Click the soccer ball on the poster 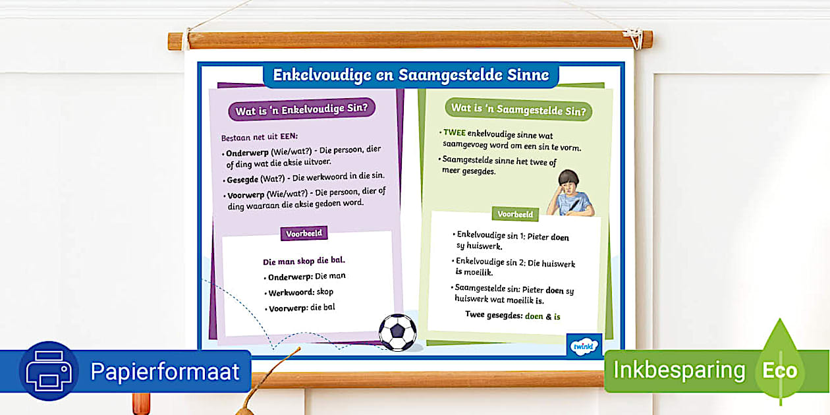click(x=398, y=333)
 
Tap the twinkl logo click(x=584, y=346)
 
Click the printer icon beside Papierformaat click(x=49, y=371)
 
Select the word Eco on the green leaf click(x=780, y=371)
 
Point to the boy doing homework click(x=570, y=193)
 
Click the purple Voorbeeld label click(x=304, y=233)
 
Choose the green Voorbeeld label click(x=515, y=214)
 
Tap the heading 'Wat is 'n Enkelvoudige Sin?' click(x=302, y=109)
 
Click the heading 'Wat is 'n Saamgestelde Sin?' click(x=518, y=109)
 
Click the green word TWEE click(x=455, y=132)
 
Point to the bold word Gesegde click(x=242, y=180)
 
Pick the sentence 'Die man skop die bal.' click(x=304, y=261)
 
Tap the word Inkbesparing click(x=678, y=370)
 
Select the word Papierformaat click(x=165, y=372)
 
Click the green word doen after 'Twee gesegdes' click(x=534, y=316)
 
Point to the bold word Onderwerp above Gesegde click(x=247, y=153)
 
